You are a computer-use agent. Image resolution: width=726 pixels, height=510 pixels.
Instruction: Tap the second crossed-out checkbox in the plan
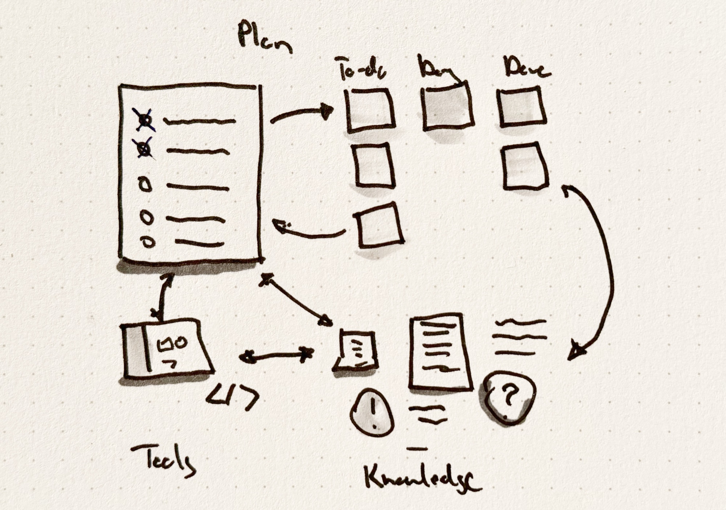(x=145, y=149)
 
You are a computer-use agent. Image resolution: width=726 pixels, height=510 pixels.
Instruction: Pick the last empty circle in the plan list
(x=148, y=242)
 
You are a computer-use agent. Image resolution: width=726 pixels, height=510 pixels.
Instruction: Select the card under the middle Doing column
(x=448, y=107)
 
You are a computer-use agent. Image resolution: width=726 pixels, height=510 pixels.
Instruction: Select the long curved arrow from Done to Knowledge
(x=603, y=268)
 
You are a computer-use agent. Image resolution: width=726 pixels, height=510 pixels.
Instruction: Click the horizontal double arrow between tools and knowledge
(x=276, y=355)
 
